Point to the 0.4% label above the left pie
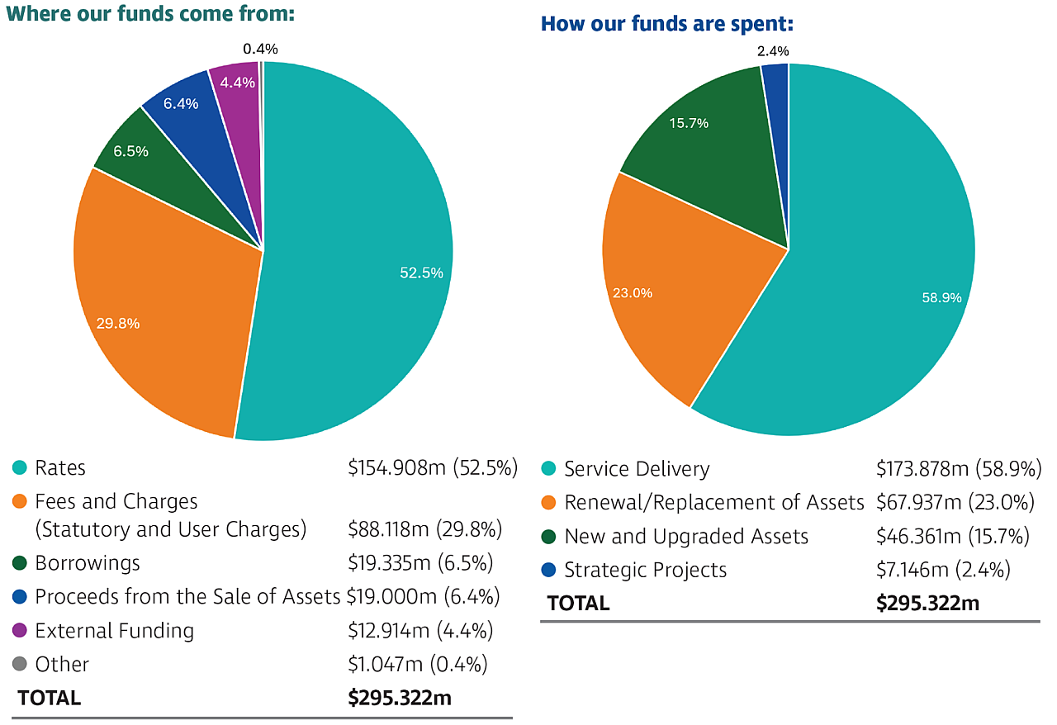[260, 49]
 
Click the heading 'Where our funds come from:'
[150, 14]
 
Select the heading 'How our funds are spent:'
[666, 24]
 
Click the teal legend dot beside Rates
[20, 468]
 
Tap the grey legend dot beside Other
[20, 664]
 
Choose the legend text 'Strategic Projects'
[645, 570]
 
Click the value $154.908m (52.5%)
[432, 468]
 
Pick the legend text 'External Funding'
[114, 631]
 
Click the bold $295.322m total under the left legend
[400, 698]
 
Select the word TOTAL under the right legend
[578, 604]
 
